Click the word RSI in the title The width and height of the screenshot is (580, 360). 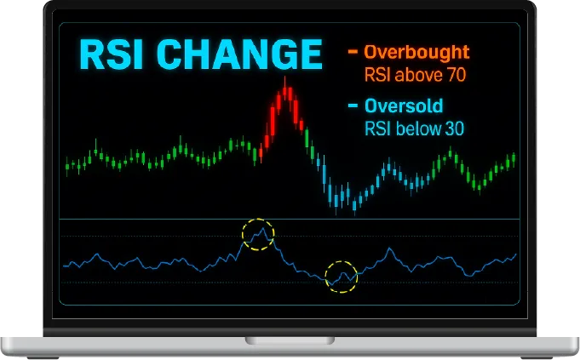tap(111, 54)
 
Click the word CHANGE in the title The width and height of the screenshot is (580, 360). tap(239, 54)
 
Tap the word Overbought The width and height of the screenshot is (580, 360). tap(416, 53)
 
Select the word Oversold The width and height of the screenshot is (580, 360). tap(404, 106)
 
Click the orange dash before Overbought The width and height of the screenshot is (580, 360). tap(353, 51)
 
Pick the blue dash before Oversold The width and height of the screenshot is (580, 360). tap(353, 106)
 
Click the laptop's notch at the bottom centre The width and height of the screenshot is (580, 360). tap(290, 340)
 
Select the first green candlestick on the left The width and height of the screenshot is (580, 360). tap(67, 166)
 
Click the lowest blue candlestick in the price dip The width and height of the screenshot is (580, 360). tap(354, 205)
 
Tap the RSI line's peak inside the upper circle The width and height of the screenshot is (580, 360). tap(263, 228)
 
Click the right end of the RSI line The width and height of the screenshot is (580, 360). tap(516, 254)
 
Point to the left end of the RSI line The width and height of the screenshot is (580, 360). tap(63, 266)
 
